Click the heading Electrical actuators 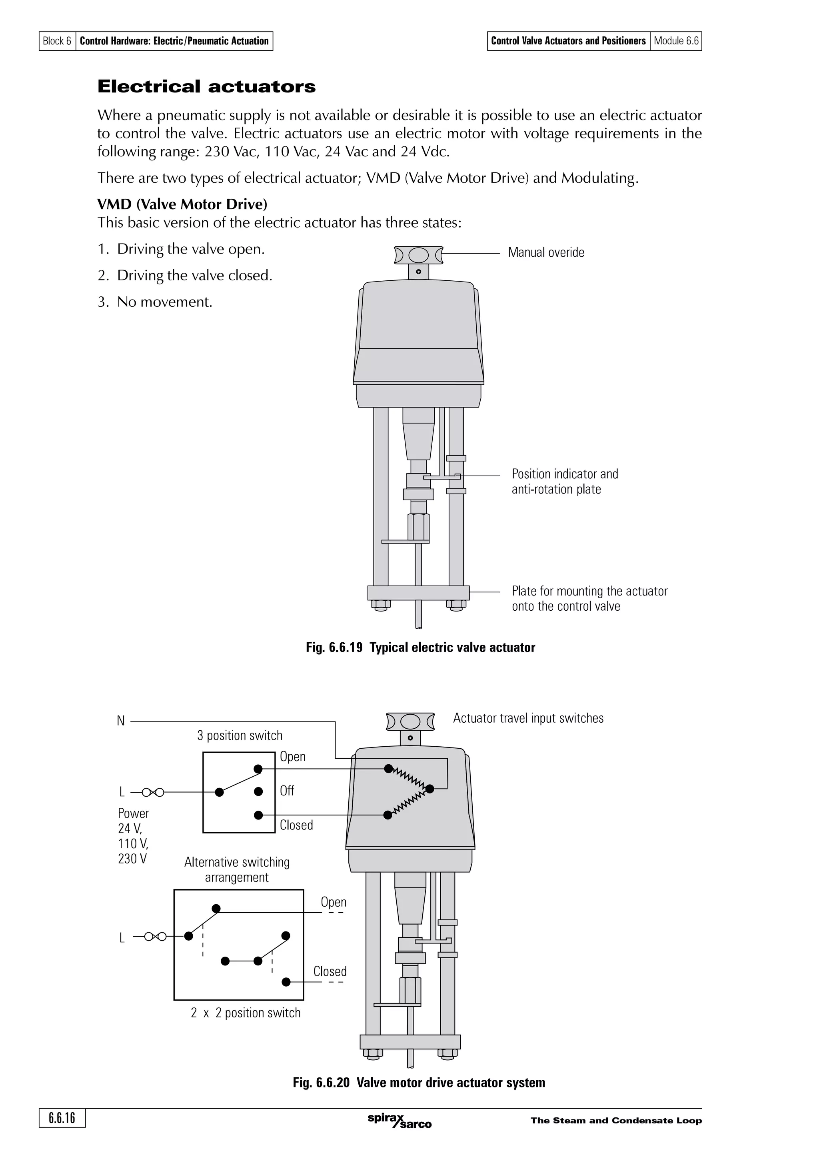206,87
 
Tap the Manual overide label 545,252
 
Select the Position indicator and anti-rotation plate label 564,482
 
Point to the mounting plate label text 589,599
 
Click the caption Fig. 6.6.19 420,647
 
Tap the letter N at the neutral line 121,721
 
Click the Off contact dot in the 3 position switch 258,791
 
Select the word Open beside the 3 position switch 293,757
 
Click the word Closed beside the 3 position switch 296,825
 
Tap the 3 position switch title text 240,735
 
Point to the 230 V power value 132,859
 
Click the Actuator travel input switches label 528,718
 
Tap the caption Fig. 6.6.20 419,1083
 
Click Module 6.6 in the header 676,41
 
